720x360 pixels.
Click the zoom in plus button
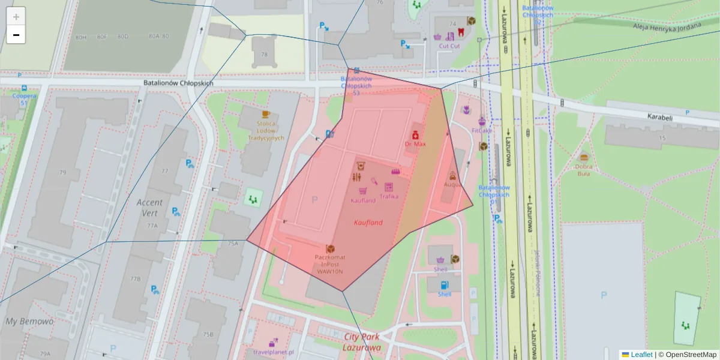[x=16, y=17]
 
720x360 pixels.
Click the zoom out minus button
[x=16, y=35]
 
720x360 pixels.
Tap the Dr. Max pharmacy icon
[x=415, y=135]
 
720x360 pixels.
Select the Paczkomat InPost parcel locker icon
[x=330, y=248]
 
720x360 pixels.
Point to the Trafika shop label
[x=389, y=196]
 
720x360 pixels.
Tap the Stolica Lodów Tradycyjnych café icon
[x=266, y=113]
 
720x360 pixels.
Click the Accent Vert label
[x=150, y=208]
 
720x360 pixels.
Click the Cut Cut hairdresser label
[x=449, y=46]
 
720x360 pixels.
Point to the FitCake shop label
[x=481, y=130]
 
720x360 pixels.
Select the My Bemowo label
[x=29, y=322]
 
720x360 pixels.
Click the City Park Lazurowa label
[x=362, y=342]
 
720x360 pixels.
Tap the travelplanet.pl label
[x=273, y=352]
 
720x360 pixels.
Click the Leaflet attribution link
[x=642, y=355]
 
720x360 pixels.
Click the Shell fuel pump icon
[x=444, y=285]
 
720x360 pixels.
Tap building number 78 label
[x=264, y=55]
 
